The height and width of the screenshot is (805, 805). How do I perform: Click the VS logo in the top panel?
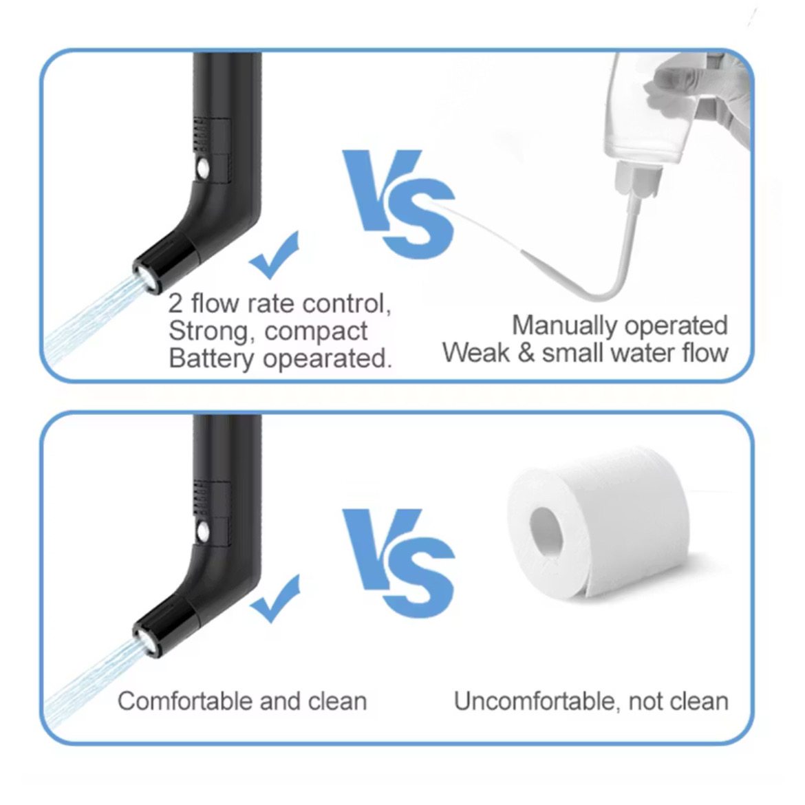click(398, 203)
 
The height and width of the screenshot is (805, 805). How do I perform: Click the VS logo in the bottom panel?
click(398, 563)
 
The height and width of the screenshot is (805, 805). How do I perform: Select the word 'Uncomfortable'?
click(534, 701)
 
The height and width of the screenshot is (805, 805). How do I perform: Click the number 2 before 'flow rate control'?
click(175, 304)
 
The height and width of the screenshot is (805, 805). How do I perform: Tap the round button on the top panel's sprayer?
click(203, 168)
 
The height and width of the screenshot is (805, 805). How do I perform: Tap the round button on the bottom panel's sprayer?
click(203, 532)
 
